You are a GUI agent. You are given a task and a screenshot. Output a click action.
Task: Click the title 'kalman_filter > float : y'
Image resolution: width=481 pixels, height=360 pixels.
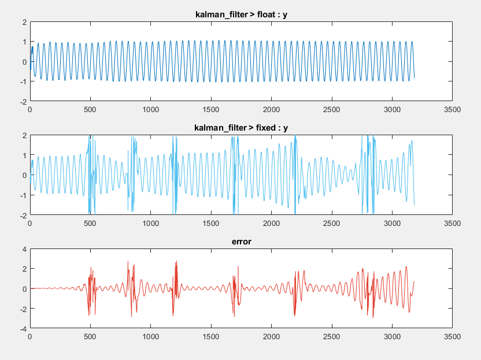[241, 14]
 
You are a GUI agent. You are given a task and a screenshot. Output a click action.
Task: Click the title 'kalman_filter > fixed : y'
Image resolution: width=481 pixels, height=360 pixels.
[241, 127]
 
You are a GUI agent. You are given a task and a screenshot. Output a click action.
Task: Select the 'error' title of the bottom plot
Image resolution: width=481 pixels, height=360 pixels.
[241, 241]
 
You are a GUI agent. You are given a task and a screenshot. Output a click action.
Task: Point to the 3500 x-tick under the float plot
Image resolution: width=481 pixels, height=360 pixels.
[453, 109]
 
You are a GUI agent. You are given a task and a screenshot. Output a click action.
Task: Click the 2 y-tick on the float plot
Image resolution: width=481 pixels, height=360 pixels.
[24, 22]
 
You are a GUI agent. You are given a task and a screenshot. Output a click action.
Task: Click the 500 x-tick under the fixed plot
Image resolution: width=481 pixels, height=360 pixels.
[90, 222]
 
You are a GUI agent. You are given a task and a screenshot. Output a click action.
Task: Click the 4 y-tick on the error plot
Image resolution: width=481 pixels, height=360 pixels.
[24, 249]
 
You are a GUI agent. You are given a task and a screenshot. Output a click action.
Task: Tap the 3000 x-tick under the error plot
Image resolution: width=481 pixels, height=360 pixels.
[393, 336]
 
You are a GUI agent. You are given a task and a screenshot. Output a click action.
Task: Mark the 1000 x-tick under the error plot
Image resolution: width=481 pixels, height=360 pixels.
[151, 336]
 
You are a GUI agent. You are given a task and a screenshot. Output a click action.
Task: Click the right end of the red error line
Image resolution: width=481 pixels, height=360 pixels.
[415, 281]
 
